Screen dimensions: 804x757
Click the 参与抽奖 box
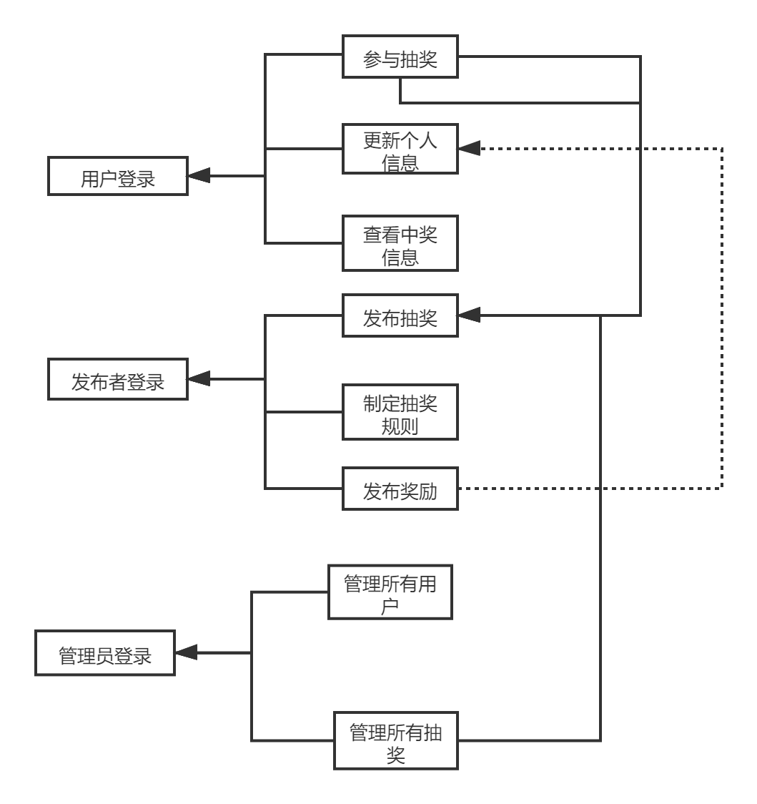(x=400, y=57)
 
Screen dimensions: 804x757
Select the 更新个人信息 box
(x=400, y=149)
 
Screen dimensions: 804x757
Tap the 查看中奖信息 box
(x=400, y=243)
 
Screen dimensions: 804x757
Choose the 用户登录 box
(x=118, y=176)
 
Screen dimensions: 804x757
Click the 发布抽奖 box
(x=400, y=315)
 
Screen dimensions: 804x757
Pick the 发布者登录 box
(x=118, y=380)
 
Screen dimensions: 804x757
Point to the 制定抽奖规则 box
(x=400, y=412)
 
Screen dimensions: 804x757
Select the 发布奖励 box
(x=400, y=489)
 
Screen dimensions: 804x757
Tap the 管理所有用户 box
(x=390, y=592)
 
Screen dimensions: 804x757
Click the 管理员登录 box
(x=105, y=653)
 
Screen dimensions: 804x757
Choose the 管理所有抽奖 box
(x=396, y=741)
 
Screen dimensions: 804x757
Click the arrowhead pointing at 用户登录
(x=199, y=176)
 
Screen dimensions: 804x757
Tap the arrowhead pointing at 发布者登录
(x=199, y=379)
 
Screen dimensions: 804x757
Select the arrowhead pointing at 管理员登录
(x=186, y=652)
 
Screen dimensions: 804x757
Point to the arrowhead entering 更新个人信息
(x=469, y=149)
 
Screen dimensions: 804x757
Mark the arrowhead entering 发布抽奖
(x=469, y=315)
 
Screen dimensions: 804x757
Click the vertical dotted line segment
(x=722, y=318)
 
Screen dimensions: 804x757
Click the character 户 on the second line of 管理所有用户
(x=390, y=607)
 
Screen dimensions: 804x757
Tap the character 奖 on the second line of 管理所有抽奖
(x=396, y=755)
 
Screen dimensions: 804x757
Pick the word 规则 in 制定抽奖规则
(x=400, y=426)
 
